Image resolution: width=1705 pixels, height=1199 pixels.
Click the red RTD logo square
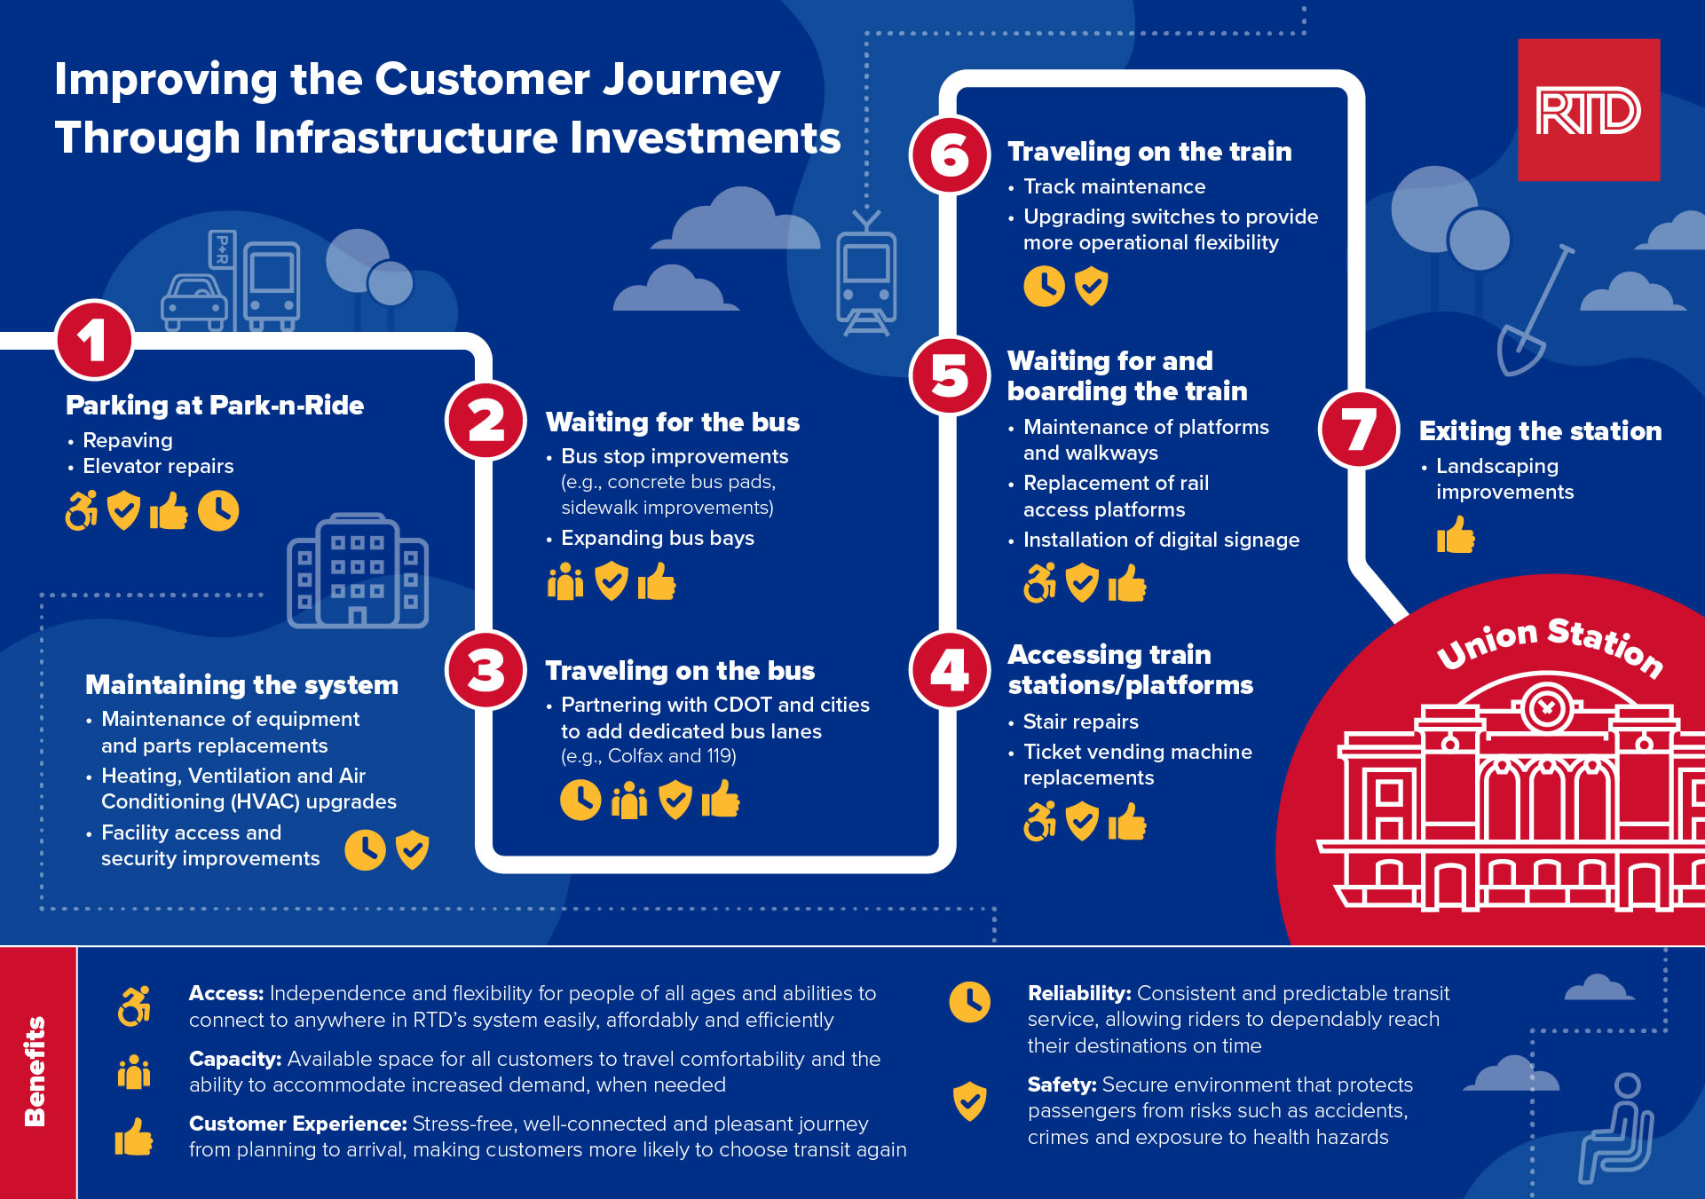[1588, 110]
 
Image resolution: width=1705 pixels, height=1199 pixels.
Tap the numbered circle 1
[94, 341]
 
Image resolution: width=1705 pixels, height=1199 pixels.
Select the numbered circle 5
[950, 376]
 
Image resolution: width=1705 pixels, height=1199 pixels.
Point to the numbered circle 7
[1359, 430]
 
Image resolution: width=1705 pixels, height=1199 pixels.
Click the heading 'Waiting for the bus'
[672, 422]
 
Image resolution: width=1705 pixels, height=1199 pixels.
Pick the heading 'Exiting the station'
[1540, 431]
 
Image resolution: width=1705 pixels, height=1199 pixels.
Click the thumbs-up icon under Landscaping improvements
[1456, 535]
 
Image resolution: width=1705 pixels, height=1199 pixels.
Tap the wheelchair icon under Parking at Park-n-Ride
[82, 511]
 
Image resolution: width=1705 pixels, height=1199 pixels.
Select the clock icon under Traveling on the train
[1044, 286]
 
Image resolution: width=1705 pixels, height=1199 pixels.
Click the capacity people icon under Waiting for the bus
[565, 582]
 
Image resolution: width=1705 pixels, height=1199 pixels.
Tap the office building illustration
[358, 571]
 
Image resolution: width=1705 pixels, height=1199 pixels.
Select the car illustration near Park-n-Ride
[194, 303]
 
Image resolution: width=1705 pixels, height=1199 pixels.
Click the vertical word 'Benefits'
[36, 1071]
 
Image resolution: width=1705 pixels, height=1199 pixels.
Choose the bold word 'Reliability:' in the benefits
[1078, 993]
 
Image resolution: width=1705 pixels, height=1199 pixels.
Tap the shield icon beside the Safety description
[969, 1100]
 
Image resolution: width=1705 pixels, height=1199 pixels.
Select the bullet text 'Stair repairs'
[1080, 722]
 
